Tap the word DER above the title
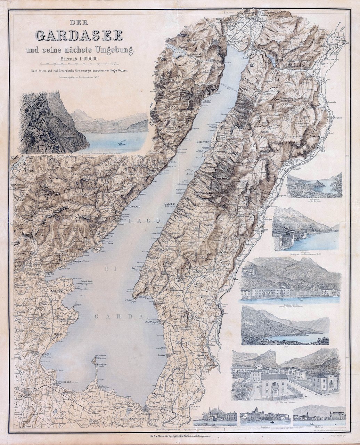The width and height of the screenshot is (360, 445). [x=79, y=23]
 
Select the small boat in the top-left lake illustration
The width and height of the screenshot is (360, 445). [x=122, y=143]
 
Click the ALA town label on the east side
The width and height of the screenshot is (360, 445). [x=324, y=152]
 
